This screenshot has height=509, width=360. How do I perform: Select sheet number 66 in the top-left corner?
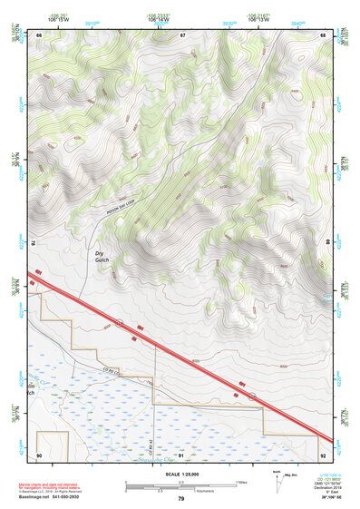(x=40, y=35)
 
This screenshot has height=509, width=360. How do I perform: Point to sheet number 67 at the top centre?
(x=182, y=35)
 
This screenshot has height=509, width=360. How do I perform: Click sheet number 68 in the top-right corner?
(x=324, y=35)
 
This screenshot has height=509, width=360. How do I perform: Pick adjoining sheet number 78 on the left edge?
(x=33, y=244)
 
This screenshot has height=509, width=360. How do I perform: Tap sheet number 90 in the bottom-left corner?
(x=39, y=455)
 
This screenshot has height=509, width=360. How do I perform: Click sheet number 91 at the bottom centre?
(x=181, y=455)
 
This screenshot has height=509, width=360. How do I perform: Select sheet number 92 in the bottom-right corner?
(x=324, y=455)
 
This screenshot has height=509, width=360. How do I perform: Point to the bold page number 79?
(x=180, y=499)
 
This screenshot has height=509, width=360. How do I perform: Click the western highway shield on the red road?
(x=119, y=322)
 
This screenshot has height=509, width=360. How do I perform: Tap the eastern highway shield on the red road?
(x=253, y=396)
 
